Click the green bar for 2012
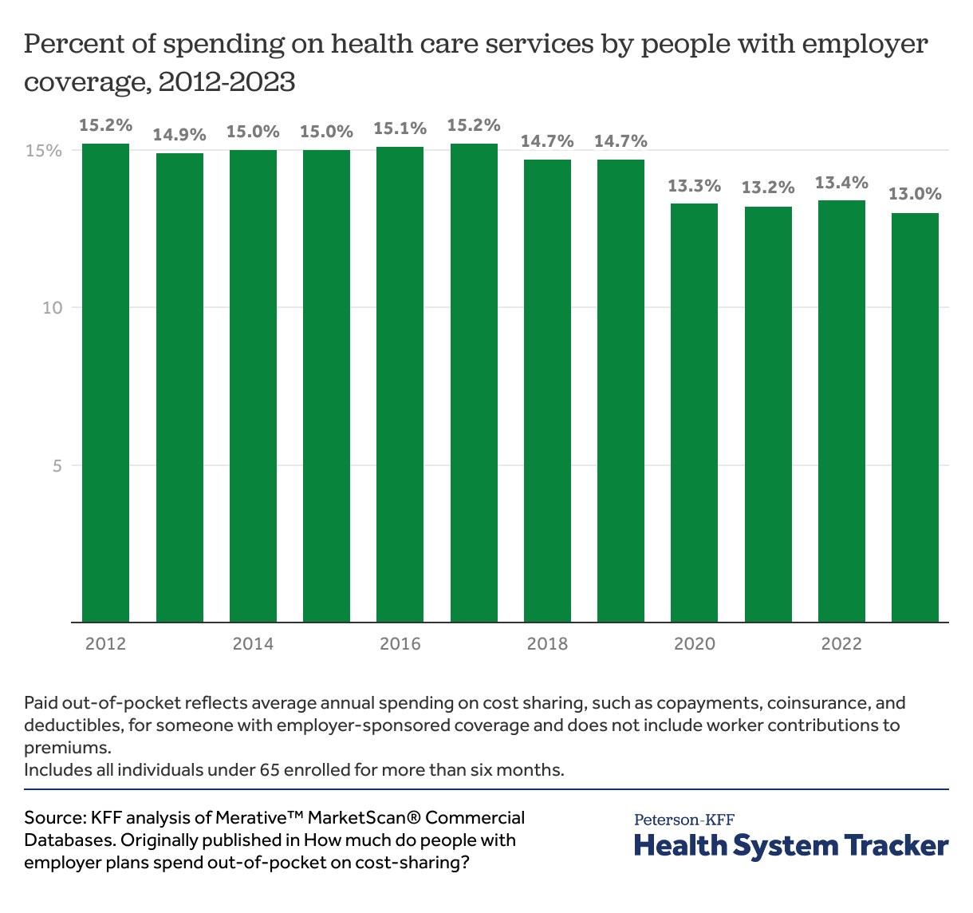106,383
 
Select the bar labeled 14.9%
179,388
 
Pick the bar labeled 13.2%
768,414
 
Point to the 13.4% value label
841,183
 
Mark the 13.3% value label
694,186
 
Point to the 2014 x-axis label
253,643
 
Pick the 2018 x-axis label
547,643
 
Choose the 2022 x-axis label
841,643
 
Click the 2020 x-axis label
694,643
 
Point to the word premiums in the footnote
65,749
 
